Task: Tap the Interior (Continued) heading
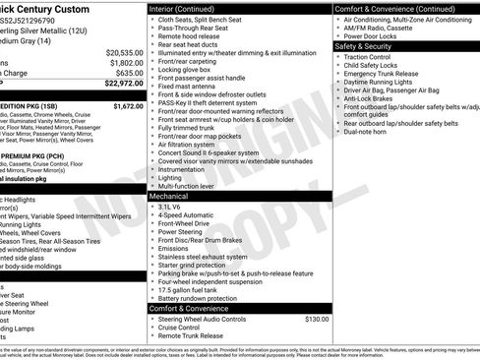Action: tap(189, 8)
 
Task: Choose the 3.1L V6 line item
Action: tap(171, 208)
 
